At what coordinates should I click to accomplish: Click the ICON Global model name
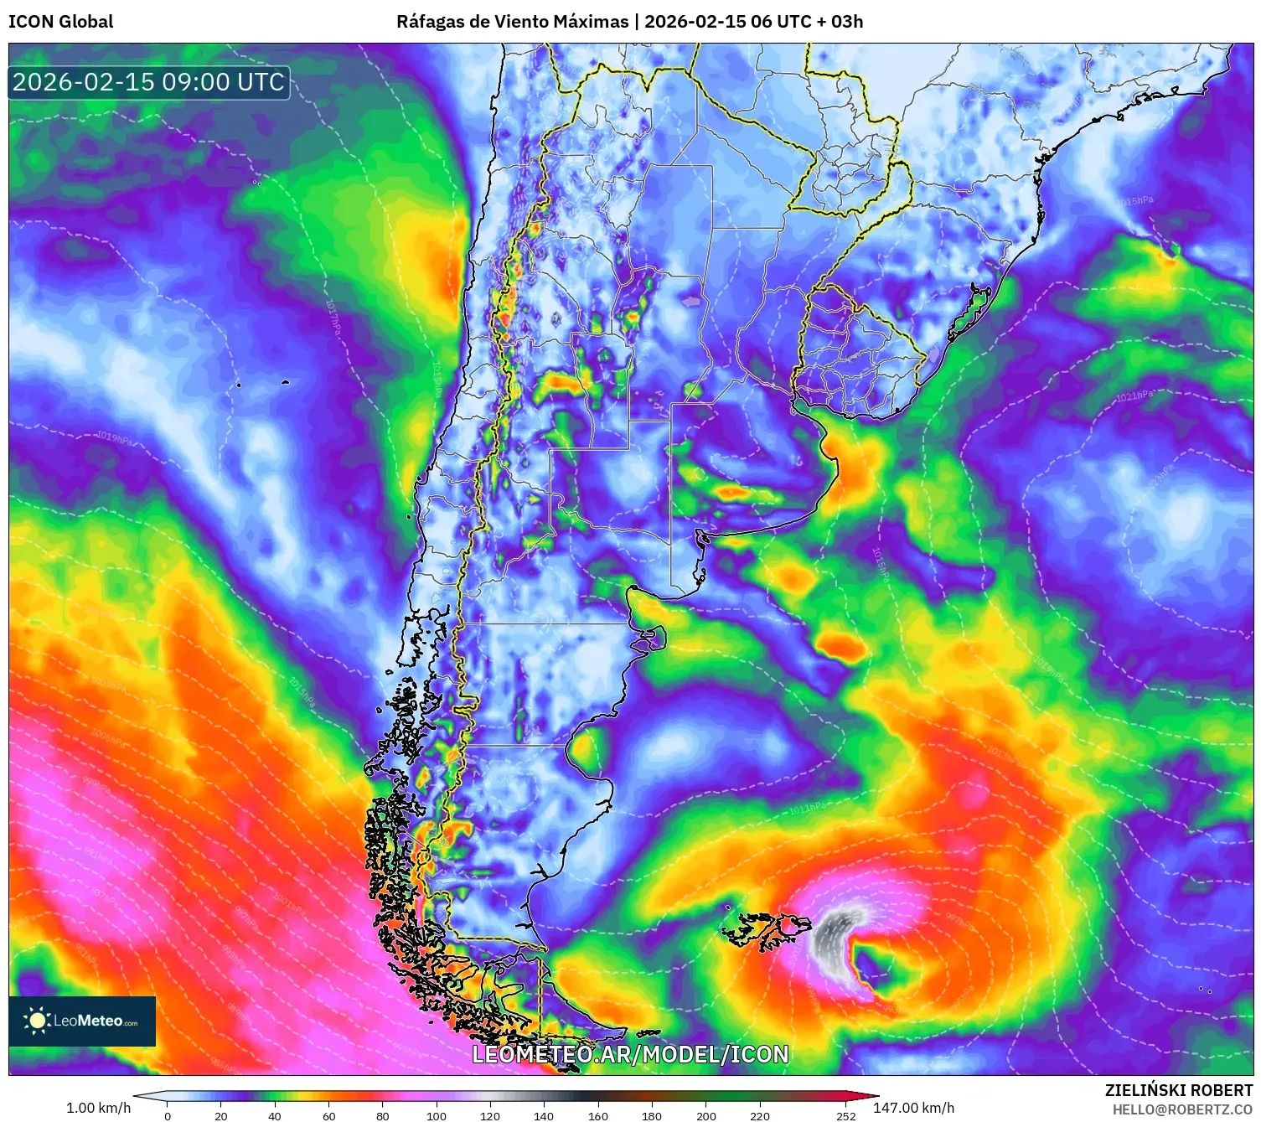61,22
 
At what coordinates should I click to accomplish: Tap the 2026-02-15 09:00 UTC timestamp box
149,82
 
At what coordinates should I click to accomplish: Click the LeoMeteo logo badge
82,1021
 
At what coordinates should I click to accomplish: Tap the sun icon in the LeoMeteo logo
37,1021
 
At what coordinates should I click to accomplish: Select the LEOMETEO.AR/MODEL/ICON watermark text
630,1054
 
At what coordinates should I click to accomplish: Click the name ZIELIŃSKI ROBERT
1178,1090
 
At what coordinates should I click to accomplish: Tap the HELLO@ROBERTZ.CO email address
1181,1109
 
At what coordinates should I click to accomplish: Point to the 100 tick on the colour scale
437,1115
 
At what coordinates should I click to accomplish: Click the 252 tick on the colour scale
846,1115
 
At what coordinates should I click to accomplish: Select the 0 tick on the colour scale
168,1115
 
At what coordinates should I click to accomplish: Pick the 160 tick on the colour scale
598,1115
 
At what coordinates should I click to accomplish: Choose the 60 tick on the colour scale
328,1115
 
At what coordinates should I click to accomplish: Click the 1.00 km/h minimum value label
98,1108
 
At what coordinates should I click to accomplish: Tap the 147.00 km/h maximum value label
913,1108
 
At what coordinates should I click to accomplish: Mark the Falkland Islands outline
767,928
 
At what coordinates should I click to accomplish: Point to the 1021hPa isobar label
1134,396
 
